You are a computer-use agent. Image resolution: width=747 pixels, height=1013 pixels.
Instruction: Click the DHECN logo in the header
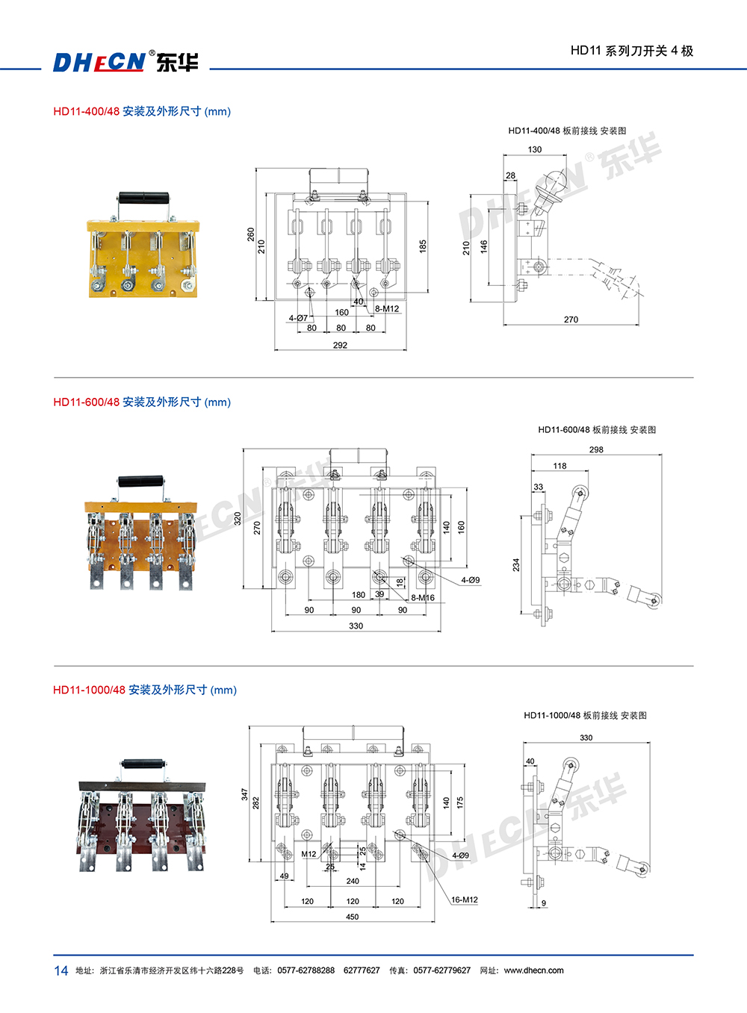(125, 61)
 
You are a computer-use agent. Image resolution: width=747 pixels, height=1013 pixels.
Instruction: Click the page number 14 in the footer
(61, 970)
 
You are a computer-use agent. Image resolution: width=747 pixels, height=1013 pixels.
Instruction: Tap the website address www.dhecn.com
(533, 970)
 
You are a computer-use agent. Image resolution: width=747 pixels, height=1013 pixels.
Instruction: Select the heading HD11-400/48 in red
(86, 111)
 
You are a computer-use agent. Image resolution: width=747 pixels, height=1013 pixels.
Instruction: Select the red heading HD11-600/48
(86, 402)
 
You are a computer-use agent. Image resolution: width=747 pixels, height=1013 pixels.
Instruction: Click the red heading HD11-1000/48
(89, 690)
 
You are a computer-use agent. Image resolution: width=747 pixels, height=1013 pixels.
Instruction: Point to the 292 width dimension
(340, 345)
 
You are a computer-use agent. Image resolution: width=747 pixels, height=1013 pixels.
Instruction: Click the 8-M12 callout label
(387, 308)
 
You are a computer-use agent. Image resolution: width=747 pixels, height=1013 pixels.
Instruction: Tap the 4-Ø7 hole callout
(298, 318)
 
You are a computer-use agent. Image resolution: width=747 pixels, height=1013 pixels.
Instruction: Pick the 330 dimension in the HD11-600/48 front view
(356, 626)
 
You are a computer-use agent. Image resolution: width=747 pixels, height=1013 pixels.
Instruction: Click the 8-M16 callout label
(423, 598)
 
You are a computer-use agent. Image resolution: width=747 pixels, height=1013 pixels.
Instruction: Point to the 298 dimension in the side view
(596, 449)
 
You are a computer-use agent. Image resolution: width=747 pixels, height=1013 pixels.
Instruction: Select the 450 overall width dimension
(352, 917)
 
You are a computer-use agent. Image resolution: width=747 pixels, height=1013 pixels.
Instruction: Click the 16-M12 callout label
(464, 900)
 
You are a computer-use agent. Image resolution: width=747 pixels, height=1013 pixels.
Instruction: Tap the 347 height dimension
(244, 794)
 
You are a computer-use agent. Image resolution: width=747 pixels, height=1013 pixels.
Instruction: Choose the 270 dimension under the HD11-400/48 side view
(571, 320)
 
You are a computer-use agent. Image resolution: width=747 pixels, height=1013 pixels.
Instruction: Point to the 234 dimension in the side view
(515, 565)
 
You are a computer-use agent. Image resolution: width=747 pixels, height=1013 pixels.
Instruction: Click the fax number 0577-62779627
(442, 970)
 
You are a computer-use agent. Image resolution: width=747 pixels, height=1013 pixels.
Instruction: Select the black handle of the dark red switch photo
(144, 764)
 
